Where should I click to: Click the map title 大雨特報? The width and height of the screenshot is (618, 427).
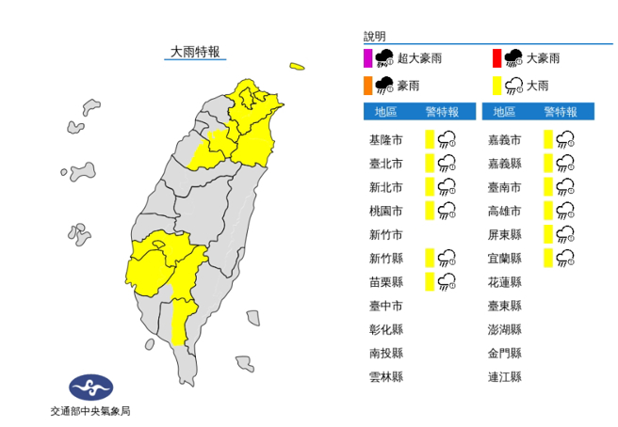pos(196,52)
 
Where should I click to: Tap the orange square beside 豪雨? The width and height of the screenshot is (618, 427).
pos(368,87)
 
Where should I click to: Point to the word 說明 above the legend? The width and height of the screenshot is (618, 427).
pos(375,37)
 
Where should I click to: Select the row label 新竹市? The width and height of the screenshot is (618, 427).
pos(386,234)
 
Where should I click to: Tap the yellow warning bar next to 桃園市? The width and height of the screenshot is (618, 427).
pos(429,210)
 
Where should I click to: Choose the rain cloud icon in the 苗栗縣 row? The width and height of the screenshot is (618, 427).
pos(447,280)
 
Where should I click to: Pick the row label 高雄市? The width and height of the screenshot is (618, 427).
pos(505,211)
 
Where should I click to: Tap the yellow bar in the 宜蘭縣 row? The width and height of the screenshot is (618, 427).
pos(547,257)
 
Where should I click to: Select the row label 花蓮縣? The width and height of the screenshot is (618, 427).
pos(505,281)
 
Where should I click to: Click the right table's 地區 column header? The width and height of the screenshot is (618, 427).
pos(505,112)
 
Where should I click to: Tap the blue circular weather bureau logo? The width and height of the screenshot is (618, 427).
pos(91,387)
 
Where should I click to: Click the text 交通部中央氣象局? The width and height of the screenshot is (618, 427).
pos(91,411)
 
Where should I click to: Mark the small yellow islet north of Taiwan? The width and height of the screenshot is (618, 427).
pos(298,66)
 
